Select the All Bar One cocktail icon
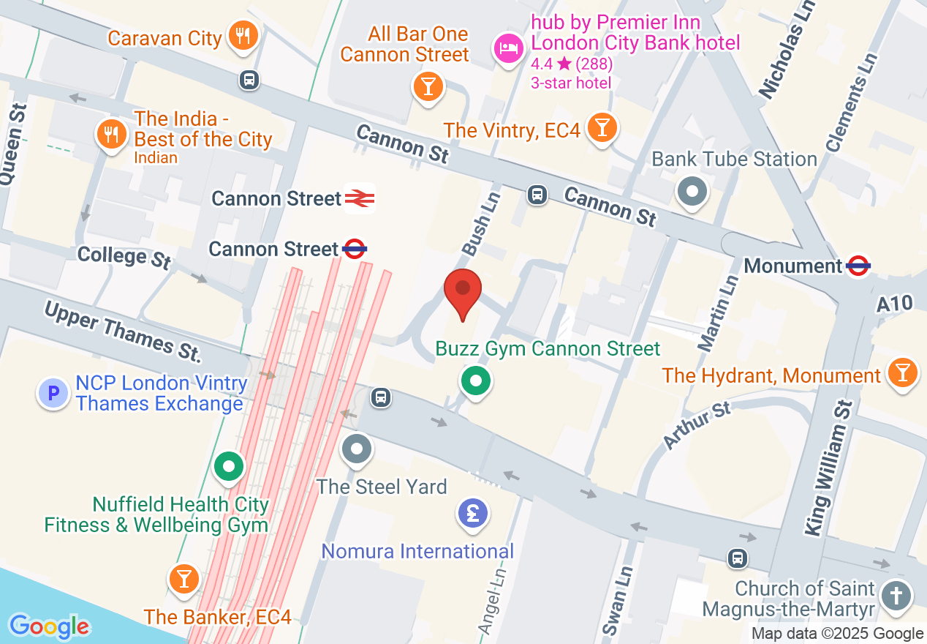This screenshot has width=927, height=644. point(428,86)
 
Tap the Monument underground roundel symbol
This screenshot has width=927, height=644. point(858,266)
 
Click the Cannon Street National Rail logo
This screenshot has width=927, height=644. point(360,198)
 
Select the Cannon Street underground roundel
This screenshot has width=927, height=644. point(355,250)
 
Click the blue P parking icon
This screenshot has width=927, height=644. point(53,394)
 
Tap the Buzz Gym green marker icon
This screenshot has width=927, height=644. point(476,381)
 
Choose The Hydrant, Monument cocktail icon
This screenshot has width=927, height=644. point(902,374)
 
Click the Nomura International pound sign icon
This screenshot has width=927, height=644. point(473,513)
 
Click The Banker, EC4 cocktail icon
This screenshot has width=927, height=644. point(183,579)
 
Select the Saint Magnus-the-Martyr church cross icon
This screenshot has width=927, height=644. point(896,594)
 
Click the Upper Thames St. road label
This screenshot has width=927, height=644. point(122,332)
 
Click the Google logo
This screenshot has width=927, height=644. point(50,626)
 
